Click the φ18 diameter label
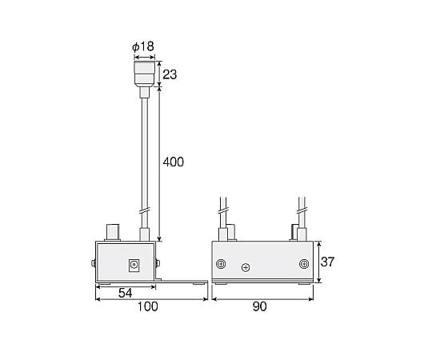[143, 46]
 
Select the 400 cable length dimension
[173, 162]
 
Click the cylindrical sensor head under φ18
[144, 74]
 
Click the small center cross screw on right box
[246, 267]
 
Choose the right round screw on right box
[303, 264]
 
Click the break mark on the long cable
[144, 213]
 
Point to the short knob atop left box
[112, 232]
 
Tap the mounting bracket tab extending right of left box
[184, 281]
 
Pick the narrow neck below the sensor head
[144, 94]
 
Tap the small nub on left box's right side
[159, 263]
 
